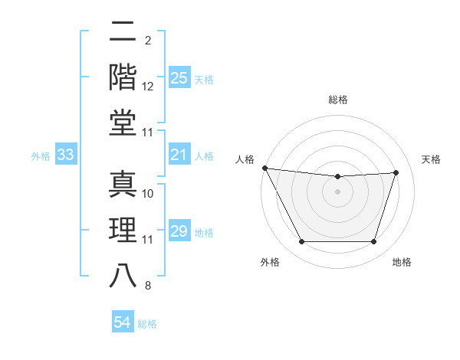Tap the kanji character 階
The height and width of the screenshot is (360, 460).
tap(123, 77)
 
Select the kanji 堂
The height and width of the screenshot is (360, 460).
tap(123, 122)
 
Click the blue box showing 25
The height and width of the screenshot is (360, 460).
tap(179, 78)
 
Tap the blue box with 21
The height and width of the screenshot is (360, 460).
tap(179, 155)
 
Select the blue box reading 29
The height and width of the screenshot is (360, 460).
tap(179, 232)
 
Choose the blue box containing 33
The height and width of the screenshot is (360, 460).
tap(65, 155)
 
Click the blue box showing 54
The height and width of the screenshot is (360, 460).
tap(122, 323)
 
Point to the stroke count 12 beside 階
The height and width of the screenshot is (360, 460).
tap(148, 87)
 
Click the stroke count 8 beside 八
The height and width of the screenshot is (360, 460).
tap(147, 286)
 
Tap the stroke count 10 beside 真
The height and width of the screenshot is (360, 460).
tap(148, 194)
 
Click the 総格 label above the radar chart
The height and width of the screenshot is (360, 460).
tap(337, 100)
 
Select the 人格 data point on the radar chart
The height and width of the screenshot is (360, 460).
tap(264, 168)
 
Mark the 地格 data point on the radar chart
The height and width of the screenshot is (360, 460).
tap(373, 242)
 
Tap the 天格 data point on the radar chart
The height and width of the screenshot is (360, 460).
tap(396, 172)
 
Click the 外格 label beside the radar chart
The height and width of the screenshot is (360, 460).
tap(270, 262)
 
